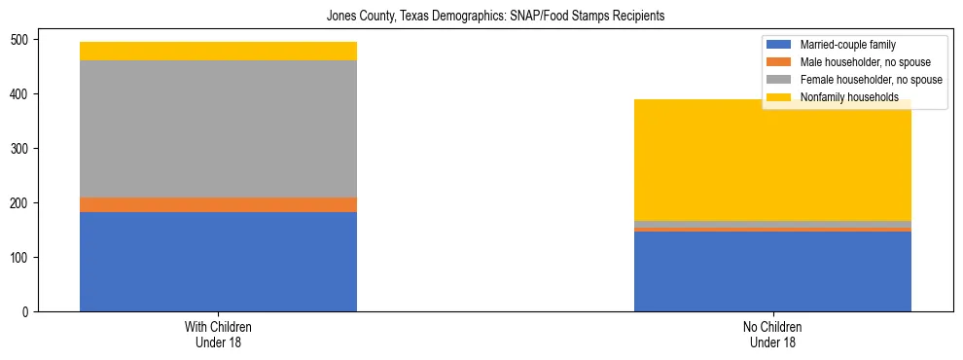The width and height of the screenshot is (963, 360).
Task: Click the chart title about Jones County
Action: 481,17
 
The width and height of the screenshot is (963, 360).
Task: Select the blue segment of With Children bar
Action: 218,261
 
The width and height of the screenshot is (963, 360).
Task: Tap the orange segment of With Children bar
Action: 218,204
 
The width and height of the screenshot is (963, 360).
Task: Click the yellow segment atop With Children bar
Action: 218,51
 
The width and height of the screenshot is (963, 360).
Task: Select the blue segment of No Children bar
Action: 772,271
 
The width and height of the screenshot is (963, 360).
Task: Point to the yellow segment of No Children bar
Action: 772,161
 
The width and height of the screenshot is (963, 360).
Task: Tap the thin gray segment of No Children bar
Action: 772,224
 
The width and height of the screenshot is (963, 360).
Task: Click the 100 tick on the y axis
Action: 21,257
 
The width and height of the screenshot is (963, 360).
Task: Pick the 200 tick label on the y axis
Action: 21,202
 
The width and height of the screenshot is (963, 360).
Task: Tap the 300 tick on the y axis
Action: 21,148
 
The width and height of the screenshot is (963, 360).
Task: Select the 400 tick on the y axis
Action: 21,93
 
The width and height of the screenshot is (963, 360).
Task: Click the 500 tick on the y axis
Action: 21,39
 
